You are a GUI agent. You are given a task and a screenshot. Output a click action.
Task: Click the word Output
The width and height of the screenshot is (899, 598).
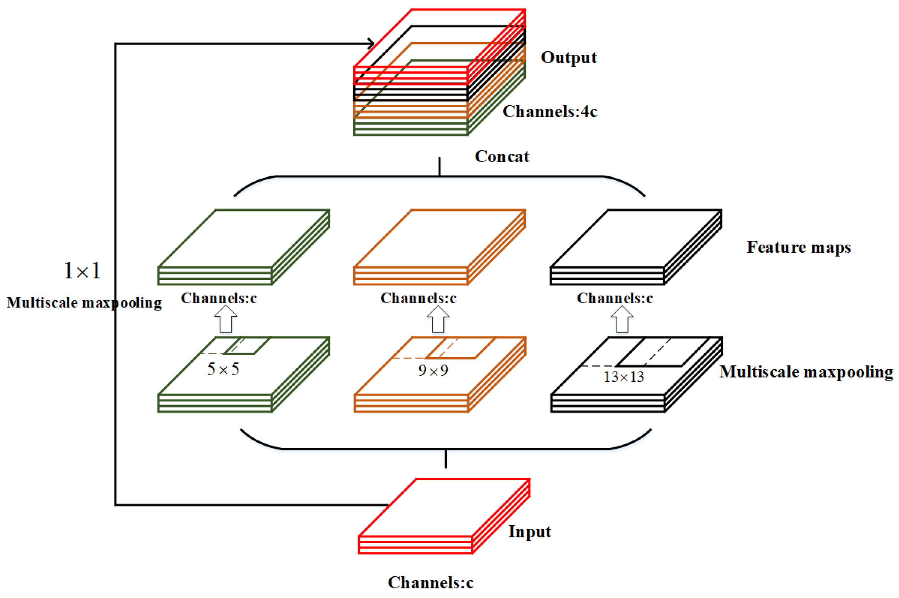pos(568,58)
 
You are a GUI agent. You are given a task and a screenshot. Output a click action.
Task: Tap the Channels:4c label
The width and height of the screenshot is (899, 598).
pos(550,112)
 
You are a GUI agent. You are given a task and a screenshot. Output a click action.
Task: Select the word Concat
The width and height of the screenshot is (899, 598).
pos(502,156)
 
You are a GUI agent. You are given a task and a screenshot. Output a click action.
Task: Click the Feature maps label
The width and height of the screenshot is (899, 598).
pos(798,247)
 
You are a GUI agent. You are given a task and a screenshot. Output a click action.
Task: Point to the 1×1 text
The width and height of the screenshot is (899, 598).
pos(82,271)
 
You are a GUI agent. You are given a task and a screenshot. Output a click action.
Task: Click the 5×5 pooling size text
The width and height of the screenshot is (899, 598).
pos(223,369)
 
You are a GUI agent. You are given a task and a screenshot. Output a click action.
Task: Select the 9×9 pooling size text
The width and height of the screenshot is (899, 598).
pos(433,370)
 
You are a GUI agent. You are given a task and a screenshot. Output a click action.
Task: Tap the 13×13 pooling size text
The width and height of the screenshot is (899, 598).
pos(623,377)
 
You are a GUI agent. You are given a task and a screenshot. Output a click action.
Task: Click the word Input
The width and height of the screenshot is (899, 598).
pos(529,532)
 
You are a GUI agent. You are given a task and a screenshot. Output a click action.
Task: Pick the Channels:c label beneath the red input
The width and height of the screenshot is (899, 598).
pos(430,583)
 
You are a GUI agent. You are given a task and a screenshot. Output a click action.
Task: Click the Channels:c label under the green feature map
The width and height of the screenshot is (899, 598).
pos(218,298)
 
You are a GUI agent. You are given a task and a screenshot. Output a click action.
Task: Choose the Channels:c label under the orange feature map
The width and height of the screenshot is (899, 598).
pos(418,298)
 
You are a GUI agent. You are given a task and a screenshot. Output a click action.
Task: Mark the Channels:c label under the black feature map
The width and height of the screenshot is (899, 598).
pos(614,298)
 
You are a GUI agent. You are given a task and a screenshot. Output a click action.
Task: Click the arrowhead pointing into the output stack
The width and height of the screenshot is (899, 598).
pos(371,44)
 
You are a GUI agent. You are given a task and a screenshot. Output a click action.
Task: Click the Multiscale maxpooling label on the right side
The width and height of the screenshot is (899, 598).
pos(806,372)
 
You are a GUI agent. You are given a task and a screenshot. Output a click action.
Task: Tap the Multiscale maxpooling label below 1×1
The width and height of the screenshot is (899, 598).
pos(84,303)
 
